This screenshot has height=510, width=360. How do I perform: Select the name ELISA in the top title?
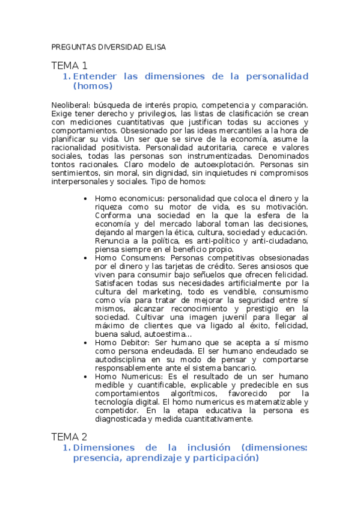point(154,46)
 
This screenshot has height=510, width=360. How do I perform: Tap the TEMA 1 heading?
point(69,66)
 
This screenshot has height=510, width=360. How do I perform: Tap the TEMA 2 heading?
point(69,437)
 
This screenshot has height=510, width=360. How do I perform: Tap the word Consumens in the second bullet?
point(138,257)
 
